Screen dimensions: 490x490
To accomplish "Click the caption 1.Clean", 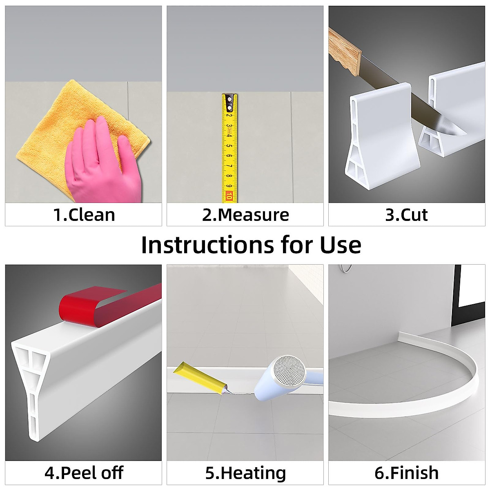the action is pos(84,215).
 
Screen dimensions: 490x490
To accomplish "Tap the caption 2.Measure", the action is pos(245,215).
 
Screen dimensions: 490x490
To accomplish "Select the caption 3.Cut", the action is pos(406,215).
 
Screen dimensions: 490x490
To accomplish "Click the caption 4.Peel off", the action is pos(84,473).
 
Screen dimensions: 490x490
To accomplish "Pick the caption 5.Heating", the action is pos(245,473).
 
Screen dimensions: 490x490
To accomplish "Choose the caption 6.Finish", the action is pos(406,473).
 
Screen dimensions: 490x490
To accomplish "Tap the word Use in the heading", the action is pos(340,245).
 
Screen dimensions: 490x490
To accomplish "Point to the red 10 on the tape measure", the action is pos(229,196).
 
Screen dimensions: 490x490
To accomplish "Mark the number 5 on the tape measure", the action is pos(229,145).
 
